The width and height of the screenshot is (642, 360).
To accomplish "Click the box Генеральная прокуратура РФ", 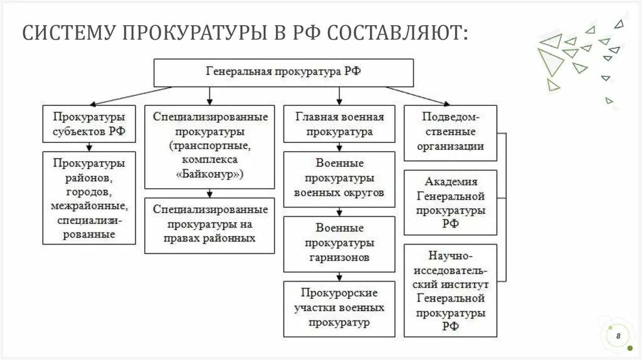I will click(x=283, y=72).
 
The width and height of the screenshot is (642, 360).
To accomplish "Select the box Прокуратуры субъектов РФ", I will click(x=89, y=124).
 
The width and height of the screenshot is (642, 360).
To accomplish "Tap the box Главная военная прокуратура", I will click(x=340, y=124).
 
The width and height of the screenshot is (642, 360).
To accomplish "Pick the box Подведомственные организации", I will click(x=450, y=132).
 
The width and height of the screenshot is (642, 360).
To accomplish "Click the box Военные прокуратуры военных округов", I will click(x=340, y=178).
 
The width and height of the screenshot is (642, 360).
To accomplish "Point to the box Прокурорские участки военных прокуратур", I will click(x=340, y=307).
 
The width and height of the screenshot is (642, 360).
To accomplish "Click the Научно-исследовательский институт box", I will click(x=450, y=291).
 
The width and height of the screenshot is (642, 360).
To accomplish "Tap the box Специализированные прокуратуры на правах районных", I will click(x=210, y=224).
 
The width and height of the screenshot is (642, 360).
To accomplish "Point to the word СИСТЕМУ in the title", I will click(x=68, y=33).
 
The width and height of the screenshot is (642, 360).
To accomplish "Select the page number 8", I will click(x=618, y=337).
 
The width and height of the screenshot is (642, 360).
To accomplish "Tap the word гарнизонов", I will click(x=339, y=257).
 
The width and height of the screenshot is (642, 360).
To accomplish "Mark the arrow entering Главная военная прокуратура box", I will click(x=339, y=96).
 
